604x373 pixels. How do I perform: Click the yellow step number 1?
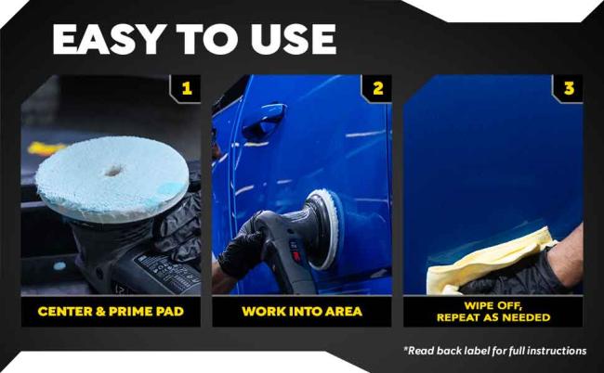[187, 89]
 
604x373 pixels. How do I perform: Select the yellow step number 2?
[378, 89]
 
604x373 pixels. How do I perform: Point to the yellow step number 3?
[569, 89]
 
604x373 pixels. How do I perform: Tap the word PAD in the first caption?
[169, 311]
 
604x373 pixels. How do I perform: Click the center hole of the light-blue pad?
[113, 171]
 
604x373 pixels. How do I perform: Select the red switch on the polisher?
[295, 256]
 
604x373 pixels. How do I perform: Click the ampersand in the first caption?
[100, 311]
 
